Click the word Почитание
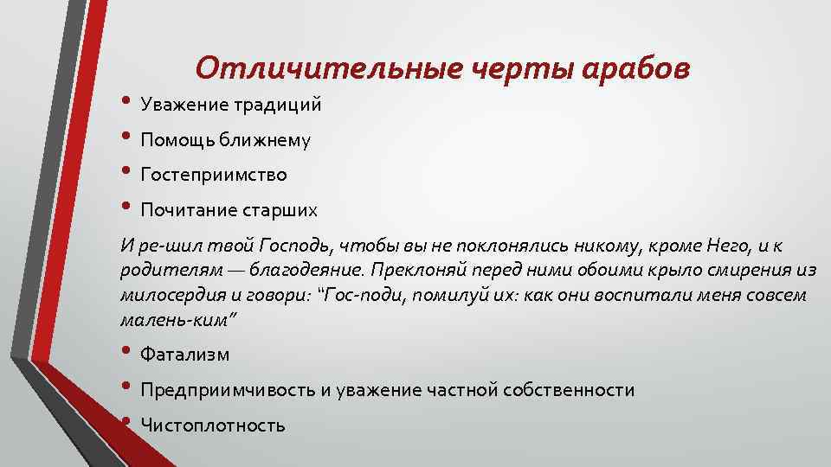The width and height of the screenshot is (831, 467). coord(184,210)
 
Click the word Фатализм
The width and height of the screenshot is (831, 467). coord(184,355)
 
